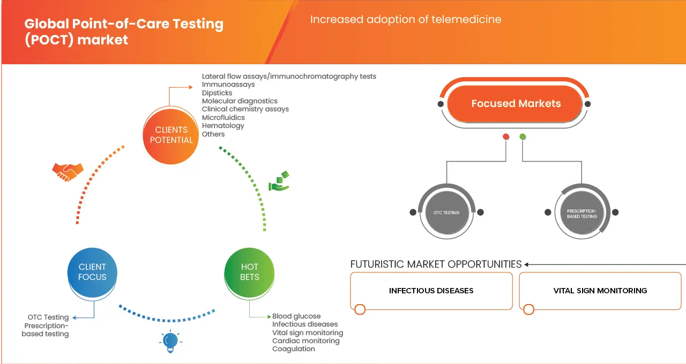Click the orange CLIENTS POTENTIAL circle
point(171,134)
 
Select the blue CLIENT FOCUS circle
point(92,272)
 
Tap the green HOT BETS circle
point(249,272)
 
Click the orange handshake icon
point(68,172)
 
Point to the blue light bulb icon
point(170,342)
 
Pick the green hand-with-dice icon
point(279,181)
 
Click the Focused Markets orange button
point(516,104)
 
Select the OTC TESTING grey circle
point(446,213)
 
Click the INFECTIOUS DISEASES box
point(431,291)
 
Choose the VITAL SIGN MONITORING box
point(600,291)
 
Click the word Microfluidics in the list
point(223,117)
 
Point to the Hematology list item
point(222,126)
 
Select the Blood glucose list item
point(296,316)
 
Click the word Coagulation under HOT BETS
point(293,348)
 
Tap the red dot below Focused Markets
point(505,136)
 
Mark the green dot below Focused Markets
point(523,136)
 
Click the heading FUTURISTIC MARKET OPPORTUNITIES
point(436,264)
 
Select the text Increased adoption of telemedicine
point(406,20)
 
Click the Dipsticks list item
point(217,93)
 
